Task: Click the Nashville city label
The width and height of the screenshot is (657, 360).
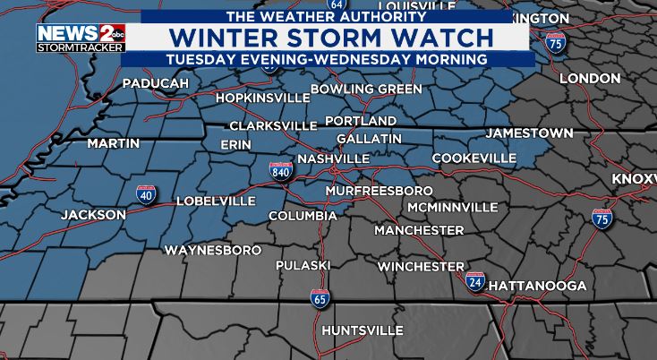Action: (333, 159)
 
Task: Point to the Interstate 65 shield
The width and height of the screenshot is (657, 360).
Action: (319, 298)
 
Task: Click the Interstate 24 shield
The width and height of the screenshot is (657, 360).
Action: (475, 282)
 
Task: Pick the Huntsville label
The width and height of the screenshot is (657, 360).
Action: (362, 330)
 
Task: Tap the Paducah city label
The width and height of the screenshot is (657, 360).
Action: (156, 83)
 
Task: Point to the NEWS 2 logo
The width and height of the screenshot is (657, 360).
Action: (68, 37)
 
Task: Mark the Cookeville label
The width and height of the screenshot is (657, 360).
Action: (474, 159)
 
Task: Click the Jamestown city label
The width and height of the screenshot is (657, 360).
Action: (529, 133)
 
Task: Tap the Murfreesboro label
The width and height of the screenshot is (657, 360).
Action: (379, 192)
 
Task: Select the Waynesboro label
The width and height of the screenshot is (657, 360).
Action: (212, 250)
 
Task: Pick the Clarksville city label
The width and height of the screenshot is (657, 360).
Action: (273, 126)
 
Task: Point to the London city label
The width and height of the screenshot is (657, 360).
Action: (590, 79)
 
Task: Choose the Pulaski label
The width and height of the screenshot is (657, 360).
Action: (303, 266)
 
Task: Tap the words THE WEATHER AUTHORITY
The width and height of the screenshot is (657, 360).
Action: (326, 17)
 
